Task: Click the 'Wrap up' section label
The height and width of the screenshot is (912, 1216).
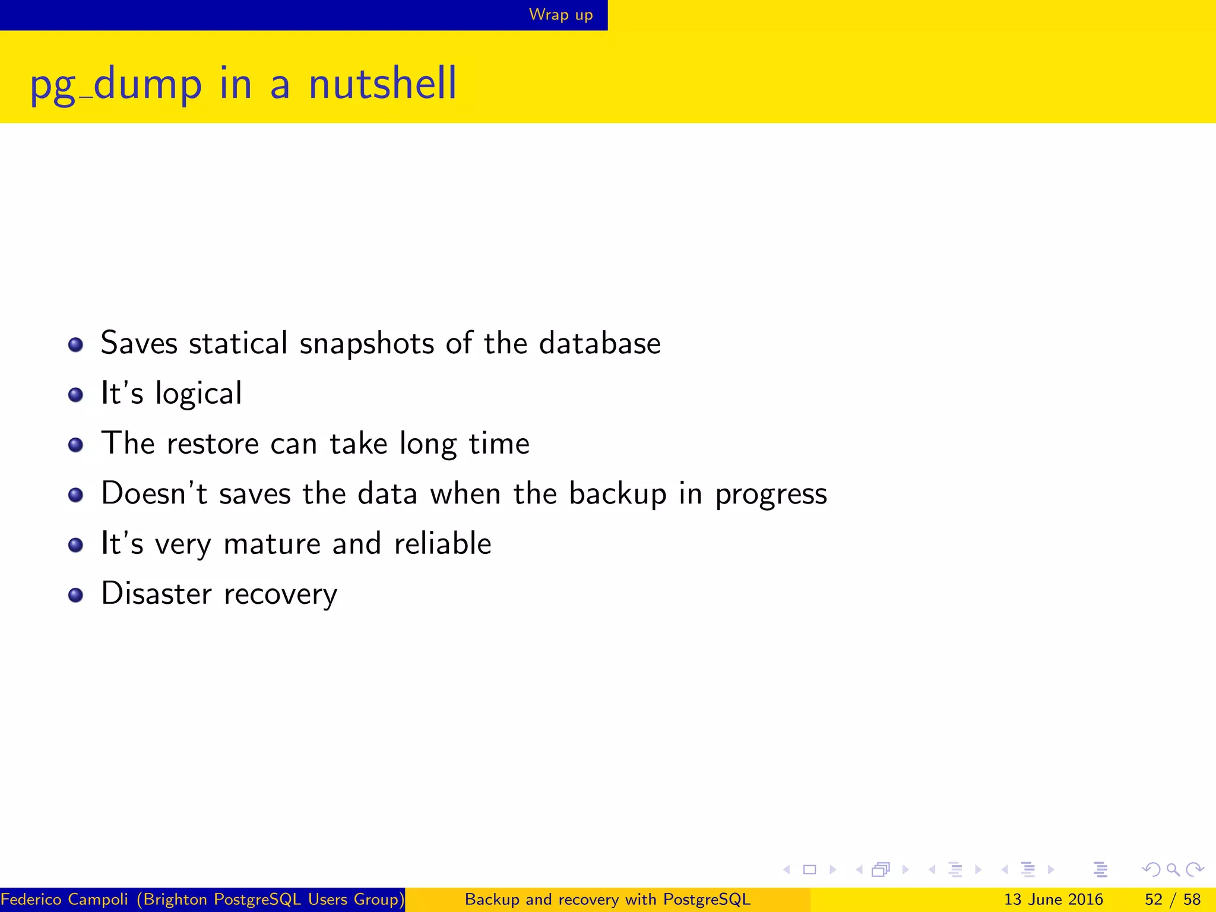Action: point(560,14)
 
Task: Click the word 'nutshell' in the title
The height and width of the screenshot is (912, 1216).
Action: point(382,84)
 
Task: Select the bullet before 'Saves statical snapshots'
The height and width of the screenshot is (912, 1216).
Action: point(75,344)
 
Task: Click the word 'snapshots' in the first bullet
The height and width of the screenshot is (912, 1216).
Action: point(366,344)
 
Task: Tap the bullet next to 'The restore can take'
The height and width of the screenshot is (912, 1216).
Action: point(75,445)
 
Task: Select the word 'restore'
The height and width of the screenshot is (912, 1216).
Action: point(213,444)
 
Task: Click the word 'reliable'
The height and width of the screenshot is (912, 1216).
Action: point(442,544)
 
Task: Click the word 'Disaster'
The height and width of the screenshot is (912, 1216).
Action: point(156,594)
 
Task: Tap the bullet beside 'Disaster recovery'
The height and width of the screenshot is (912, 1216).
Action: point(75,595)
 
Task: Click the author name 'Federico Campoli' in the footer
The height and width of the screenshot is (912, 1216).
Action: point(64,900)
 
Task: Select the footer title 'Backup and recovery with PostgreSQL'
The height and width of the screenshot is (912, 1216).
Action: point(607,900)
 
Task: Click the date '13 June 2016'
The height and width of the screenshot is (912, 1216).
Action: point(1053,900)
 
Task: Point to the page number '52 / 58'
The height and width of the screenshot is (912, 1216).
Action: point(1172,900)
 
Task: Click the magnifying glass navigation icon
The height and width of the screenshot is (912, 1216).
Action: point(1172,870)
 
